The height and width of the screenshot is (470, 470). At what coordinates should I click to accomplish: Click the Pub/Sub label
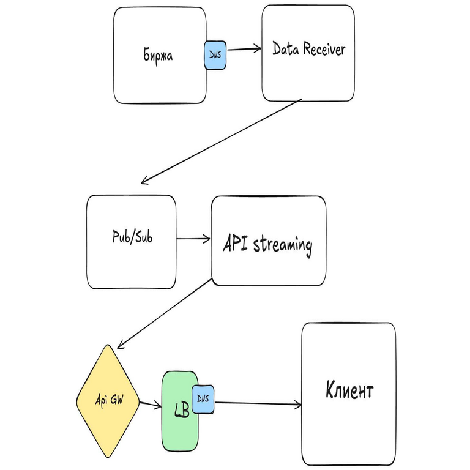click(x=133, y=237)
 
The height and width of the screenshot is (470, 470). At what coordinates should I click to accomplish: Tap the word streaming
click(x=282, y=246)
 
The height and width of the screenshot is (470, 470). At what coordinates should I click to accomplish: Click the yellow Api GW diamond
click(x=109, y=401)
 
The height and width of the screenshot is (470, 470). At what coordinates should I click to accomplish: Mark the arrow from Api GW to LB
click(x=150, y=405)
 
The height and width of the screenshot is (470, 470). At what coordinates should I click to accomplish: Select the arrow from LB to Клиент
click(x=257, y=403)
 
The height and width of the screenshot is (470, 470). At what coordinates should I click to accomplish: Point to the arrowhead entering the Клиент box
click(x=299, y=404)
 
